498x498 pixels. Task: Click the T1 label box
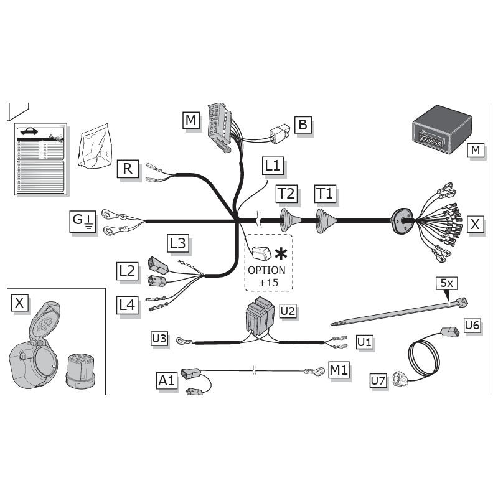325,194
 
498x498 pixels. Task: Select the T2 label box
287,194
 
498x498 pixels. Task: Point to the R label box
128,168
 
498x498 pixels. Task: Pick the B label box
303,125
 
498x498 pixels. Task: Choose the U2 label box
288,309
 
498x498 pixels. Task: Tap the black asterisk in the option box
282,253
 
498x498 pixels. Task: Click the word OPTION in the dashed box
266,270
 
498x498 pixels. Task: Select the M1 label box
339,370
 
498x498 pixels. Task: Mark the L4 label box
127,304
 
